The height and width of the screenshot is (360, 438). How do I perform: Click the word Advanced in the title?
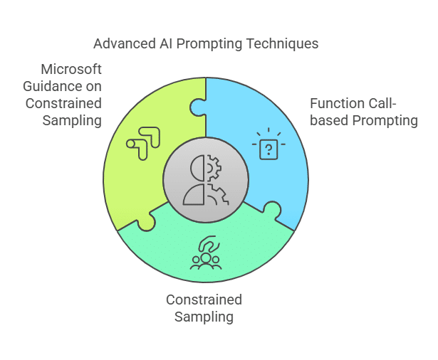[125, 44]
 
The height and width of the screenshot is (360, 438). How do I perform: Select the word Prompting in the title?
[209, 44]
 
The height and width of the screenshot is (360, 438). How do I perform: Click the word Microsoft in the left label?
[71, 69]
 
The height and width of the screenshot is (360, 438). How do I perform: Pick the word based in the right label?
[329, 120]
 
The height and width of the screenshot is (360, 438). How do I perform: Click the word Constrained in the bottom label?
[204, 300]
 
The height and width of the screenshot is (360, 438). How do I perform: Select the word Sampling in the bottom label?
[204, 317]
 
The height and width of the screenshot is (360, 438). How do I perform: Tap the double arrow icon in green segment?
[143, 144]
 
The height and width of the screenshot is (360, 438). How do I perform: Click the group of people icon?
[206, 253]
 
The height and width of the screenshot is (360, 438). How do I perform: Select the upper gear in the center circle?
[214, 169]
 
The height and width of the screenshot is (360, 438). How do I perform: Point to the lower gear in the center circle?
[218, 194]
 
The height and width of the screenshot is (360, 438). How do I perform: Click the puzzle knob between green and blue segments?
[197, 107]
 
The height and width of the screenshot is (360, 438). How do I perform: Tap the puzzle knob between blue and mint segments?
[272, 210]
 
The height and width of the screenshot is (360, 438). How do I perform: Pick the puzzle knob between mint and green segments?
[146, 222]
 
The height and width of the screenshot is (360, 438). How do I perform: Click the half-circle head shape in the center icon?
[197, 169]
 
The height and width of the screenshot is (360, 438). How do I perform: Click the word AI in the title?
[166, 44]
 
